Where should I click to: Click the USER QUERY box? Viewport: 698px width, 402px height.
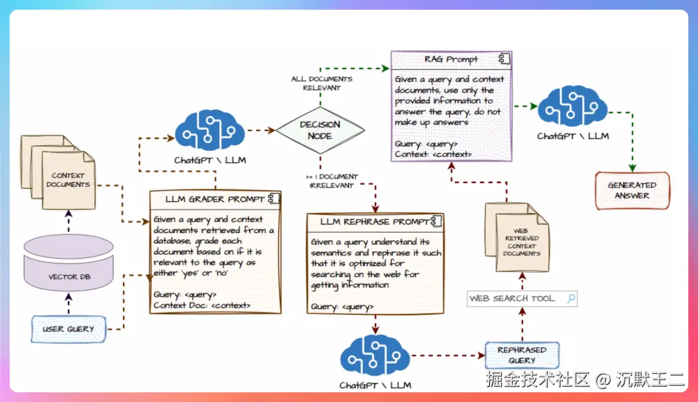coord(68,329)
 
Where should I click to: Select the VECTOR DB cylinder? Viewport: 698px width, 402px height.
coord(68,262)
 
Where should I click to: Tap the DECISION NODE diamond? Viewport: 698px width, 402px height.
coord(320,131)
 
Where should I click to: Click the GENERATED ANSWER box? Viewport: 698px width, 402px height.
coord(632,191)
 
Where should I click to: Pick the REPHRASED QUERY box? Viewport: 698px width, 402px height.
coord(522,355)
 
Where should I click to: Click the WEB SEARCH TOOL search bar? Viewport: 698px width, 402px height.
coord(522,298)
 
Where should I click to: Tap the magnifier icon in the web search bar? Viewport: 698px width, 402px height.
coord(571,298)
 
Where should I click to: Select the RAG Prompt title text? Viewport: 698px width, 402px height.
coord(450,59)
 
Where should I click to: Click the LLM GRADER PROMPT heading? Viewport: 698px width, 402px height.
coord(215,199)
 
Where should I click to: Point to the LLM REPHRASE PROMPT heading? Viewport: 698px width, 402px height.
coord(375,222)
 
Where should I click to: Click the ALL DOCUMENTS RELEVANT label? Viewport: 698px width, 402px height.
coord(322,83)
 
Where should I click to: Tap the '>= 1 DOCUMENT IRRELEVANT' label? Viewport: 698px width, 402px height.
coord(332,181)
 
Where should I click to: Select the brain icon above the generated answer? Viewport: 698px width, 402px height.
coord(572,106)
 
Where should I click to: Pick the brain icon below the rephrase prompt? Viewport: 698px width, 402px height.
coord(375,355)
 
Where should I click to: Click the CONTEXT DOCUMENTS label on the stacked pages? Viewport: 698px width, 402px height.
coord(68,180)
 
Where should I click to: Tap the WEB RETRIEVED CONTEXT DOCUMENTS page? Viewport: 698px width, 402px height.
coord(522,243)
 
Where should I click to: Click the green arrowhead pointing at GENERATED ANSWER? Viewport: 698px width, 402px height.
coord(632,167)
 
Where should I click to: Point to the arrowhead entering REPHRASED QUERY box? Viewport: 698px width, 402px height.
coord(481,355)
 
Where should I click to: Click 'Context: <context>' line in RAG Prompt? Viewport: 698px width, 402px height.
coord(433,154)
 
